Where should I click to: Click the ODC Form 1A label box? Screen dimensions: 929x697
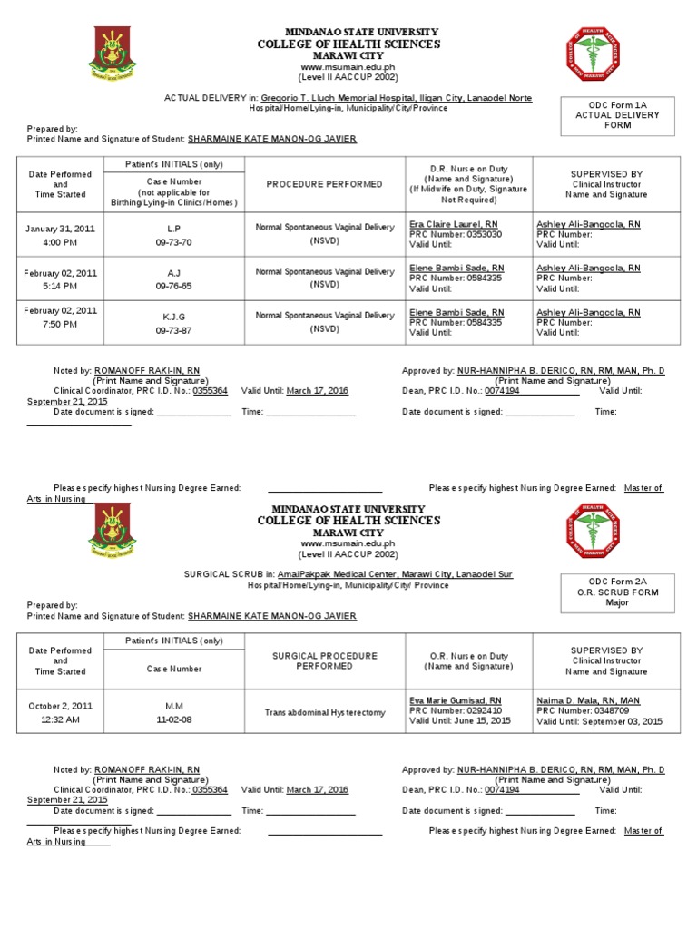point(617,115)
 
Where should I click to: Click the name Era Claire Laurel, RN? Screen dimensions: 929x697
point(454,223)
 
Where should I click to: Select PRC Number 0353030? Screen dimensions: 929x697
point(456,234)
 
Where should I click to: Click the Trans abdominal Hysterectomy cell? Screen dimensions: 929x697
point(325,713)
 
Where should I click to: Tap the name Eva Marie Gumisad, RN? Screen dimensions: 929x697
point(456,700)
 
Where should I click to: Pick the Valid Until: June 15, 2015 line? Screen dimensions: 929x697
point(460,721)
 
